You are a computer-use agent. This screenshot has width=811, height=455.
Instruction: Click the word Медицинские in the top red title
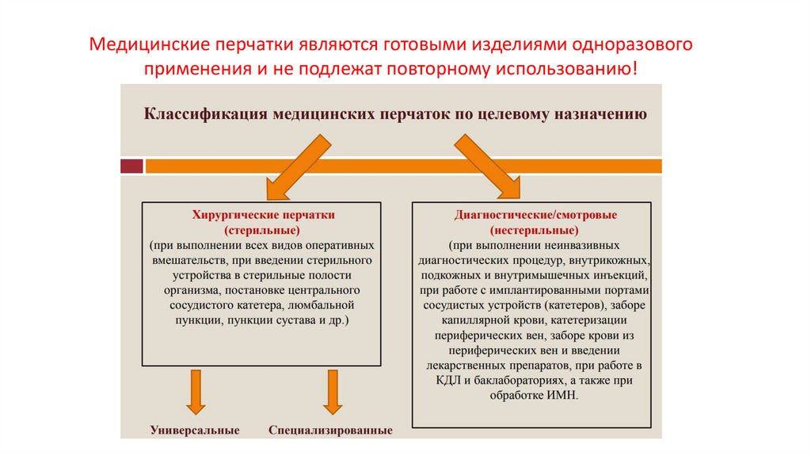point(140,44)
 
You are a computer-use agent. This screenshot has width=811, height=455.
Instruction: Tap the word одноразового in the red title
point(638,44)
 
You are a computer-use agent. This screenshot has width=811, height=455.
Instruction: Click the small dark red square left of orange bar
point(131,166)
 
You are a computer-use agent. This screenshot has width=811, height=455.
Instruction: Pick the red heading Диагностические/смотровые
point(536,215)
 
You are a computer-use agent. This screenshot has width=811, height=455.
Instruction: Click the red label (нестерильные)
point(536,230)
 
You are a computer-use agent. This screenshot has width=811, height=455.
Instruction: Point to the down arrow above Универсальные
point(195,392)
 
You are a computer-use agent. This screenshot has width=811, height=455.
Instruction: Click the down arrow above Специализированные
point(332,392)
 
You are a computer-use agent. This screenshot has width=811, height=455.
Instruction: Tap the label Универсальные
point(195,430)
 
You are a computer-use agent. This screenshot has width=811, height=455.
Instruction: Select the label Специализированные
point(331,430)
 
